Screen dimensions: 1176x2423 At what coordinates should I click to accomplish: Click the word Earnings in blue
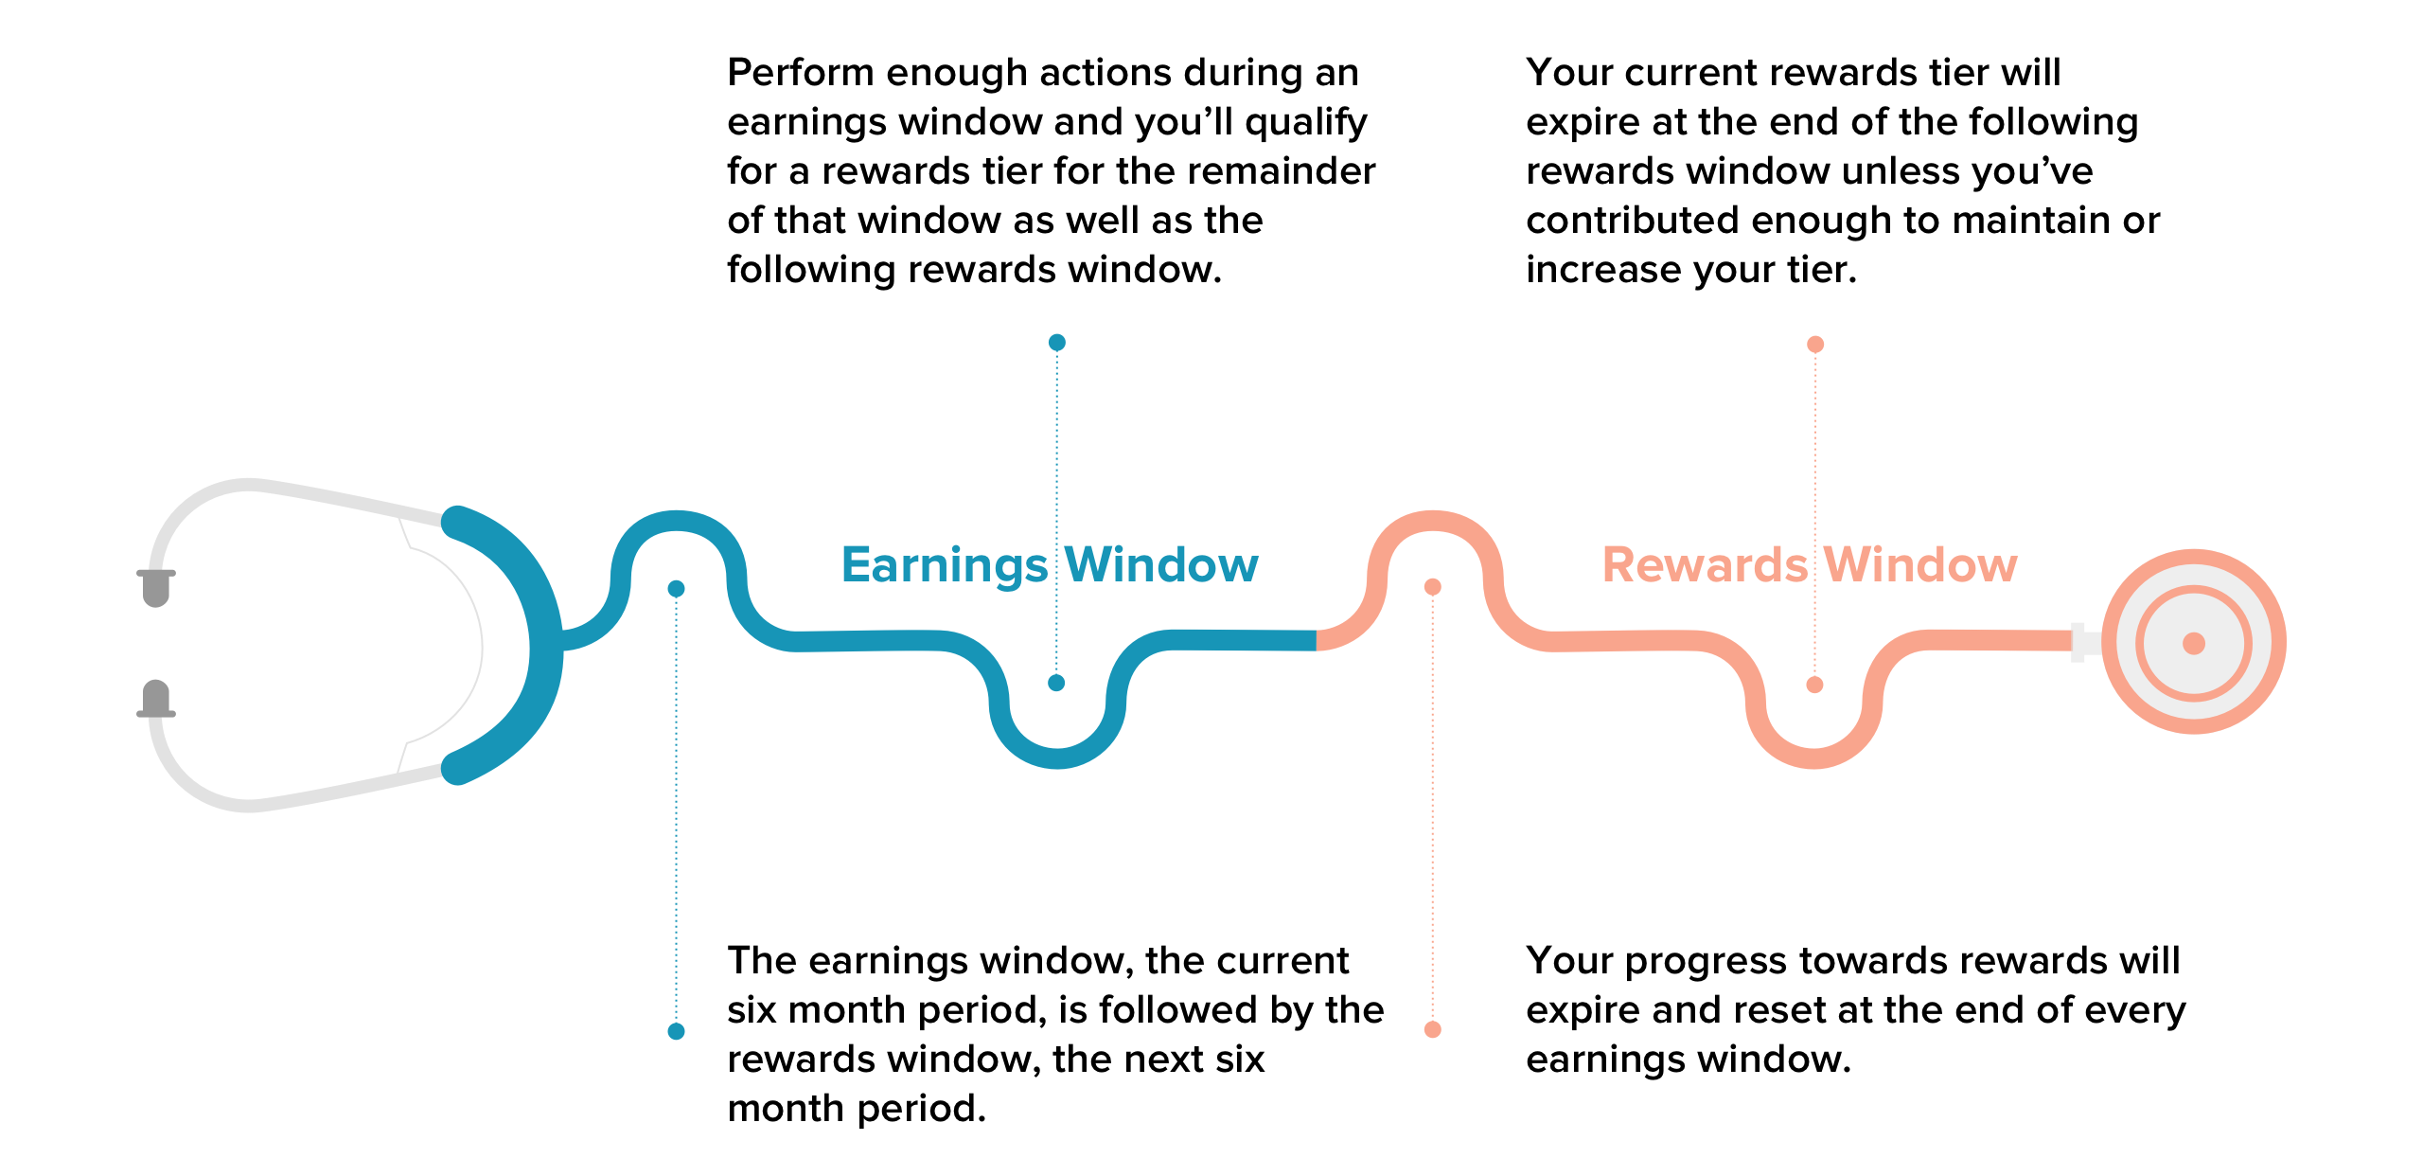click(944, 565)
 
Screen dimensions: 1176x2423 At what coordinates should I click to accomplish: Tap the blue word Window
click(1162, 565)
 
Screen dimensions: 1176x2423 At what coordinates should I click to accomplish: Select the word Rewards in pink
click(1704, 565)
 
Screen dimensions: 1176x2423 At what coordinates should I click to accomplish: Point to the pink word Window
click(1921, 565)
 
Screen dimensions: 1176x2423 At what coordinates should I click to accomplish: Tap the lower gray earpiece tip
click(156, 699)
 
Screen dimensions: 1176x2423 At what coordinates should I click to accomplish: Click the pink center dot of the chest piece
click(2194, 644)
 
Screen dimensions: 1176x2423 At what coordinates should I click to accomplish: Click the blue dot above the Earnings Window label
click(1057, 342)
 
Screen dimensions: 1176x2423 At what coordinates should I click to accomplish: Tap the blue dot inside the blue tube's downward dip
click(1057, 683)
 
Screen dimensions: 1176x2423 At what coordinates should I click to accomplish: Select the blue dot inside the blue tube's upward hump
click(676, 589)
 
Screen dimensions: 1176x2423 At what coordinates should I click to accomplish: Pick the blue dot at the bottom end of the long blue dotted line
click(676, 1031)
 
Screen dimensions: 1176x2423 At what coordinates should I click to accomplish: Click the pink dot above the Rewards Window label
click(1815, 344)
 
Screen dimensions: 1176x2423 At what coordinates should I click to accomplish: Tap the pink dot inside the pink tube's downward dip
click(1814, 685)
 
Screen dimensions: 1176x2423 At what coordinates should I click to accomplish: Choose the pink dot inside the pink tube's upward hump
click(1433, 587)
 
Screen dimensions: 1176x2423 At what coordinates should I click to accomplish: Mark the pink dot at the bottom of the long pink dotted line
click(1433, 1029)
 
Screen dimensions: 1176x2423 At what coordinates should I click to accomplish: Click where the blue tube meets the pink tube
click(1317, 641)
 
